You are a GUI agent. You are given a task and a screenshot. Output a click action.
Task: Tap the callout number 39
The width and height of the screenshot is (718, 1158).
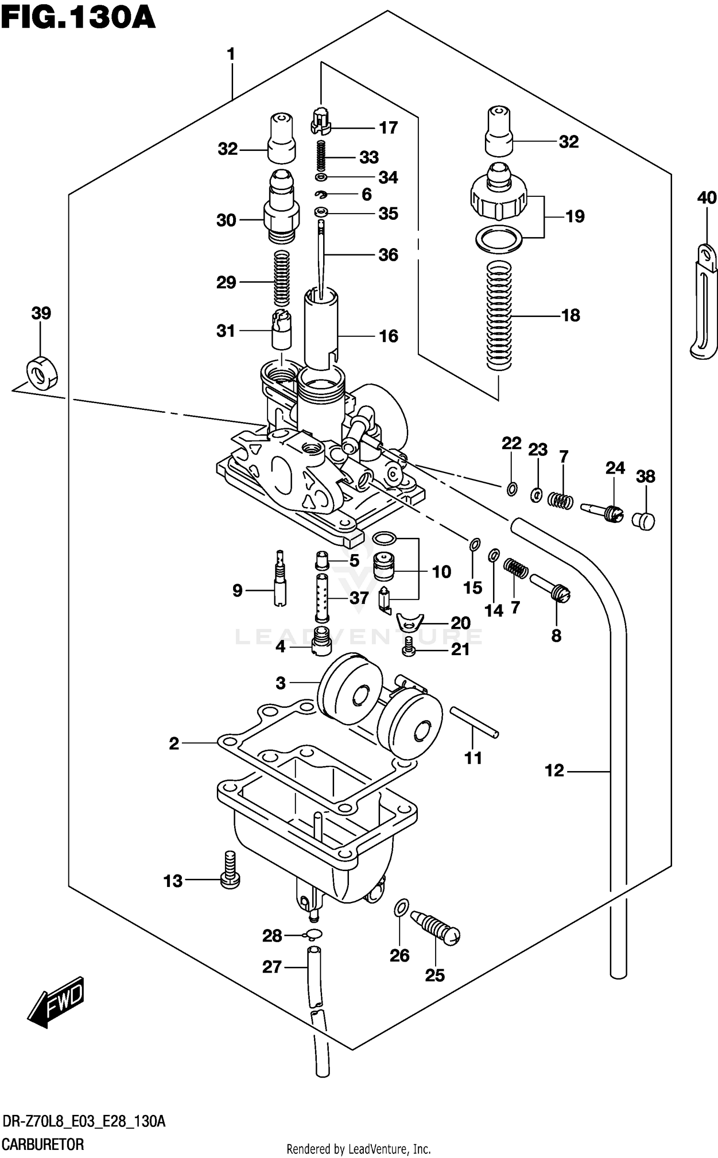click(x=41, y=313)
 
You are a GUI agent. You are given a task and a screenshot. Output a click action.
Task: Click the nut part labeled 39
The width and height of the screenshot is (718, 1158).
click(x=41, y=372)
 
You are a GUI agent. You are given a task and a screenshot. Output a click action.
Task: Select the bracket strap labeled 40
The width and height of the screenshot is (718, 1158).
click(x=704, y=302)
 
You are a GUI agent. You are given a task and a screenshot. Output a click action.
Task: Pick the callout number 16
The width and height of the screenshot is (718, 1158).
click(x=388, y=336)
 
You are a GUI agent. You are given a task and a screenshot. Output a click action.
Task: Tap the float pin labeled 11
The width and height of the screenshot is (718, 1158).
click(x=473, y=724)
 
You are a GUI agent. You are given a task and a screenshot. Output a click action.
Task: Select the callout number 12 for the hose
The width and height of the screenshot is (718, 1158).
click(x=554, y=771)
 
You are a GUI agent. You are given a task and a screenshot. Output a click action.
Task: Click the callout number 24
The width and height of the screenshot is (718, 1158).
click(x=615, y=468)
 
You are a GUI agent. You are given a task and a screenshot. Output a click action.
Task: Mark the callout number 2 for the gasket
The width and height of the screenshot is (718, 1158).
click(x=174, y=743)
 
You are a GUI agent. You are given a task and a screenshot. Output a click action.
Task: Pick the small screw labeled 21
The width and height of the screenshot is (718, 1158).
click(x=408, y=647)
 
